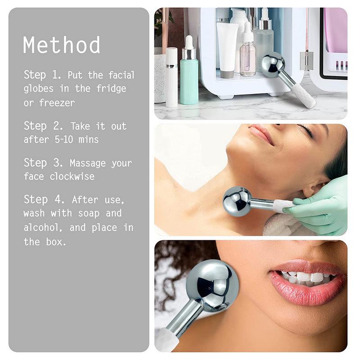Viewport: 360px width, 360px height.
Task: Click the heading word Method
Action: (x=62, y=45)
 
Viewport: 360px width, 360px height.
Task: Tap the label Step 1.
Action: (x=43, y=75)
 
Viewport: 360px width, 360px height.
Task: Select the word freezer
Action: (x=57, y=103)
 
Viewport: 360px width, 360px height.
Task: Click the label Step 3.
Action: (x=43, y=162)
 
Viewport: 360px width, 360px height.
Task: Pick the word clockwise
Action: (x=72, y=176)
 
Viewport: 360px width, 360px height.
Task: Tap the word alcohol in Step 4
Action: (x=43, y=227)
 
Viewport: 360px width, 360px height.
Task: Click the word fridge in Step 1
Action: (x=111, y=89)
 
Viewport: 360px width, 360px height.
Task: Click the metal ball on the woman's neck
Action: (x=237, y=201)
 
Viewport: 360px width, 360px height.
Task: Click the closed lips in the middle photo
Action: (x=261, y=133)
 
